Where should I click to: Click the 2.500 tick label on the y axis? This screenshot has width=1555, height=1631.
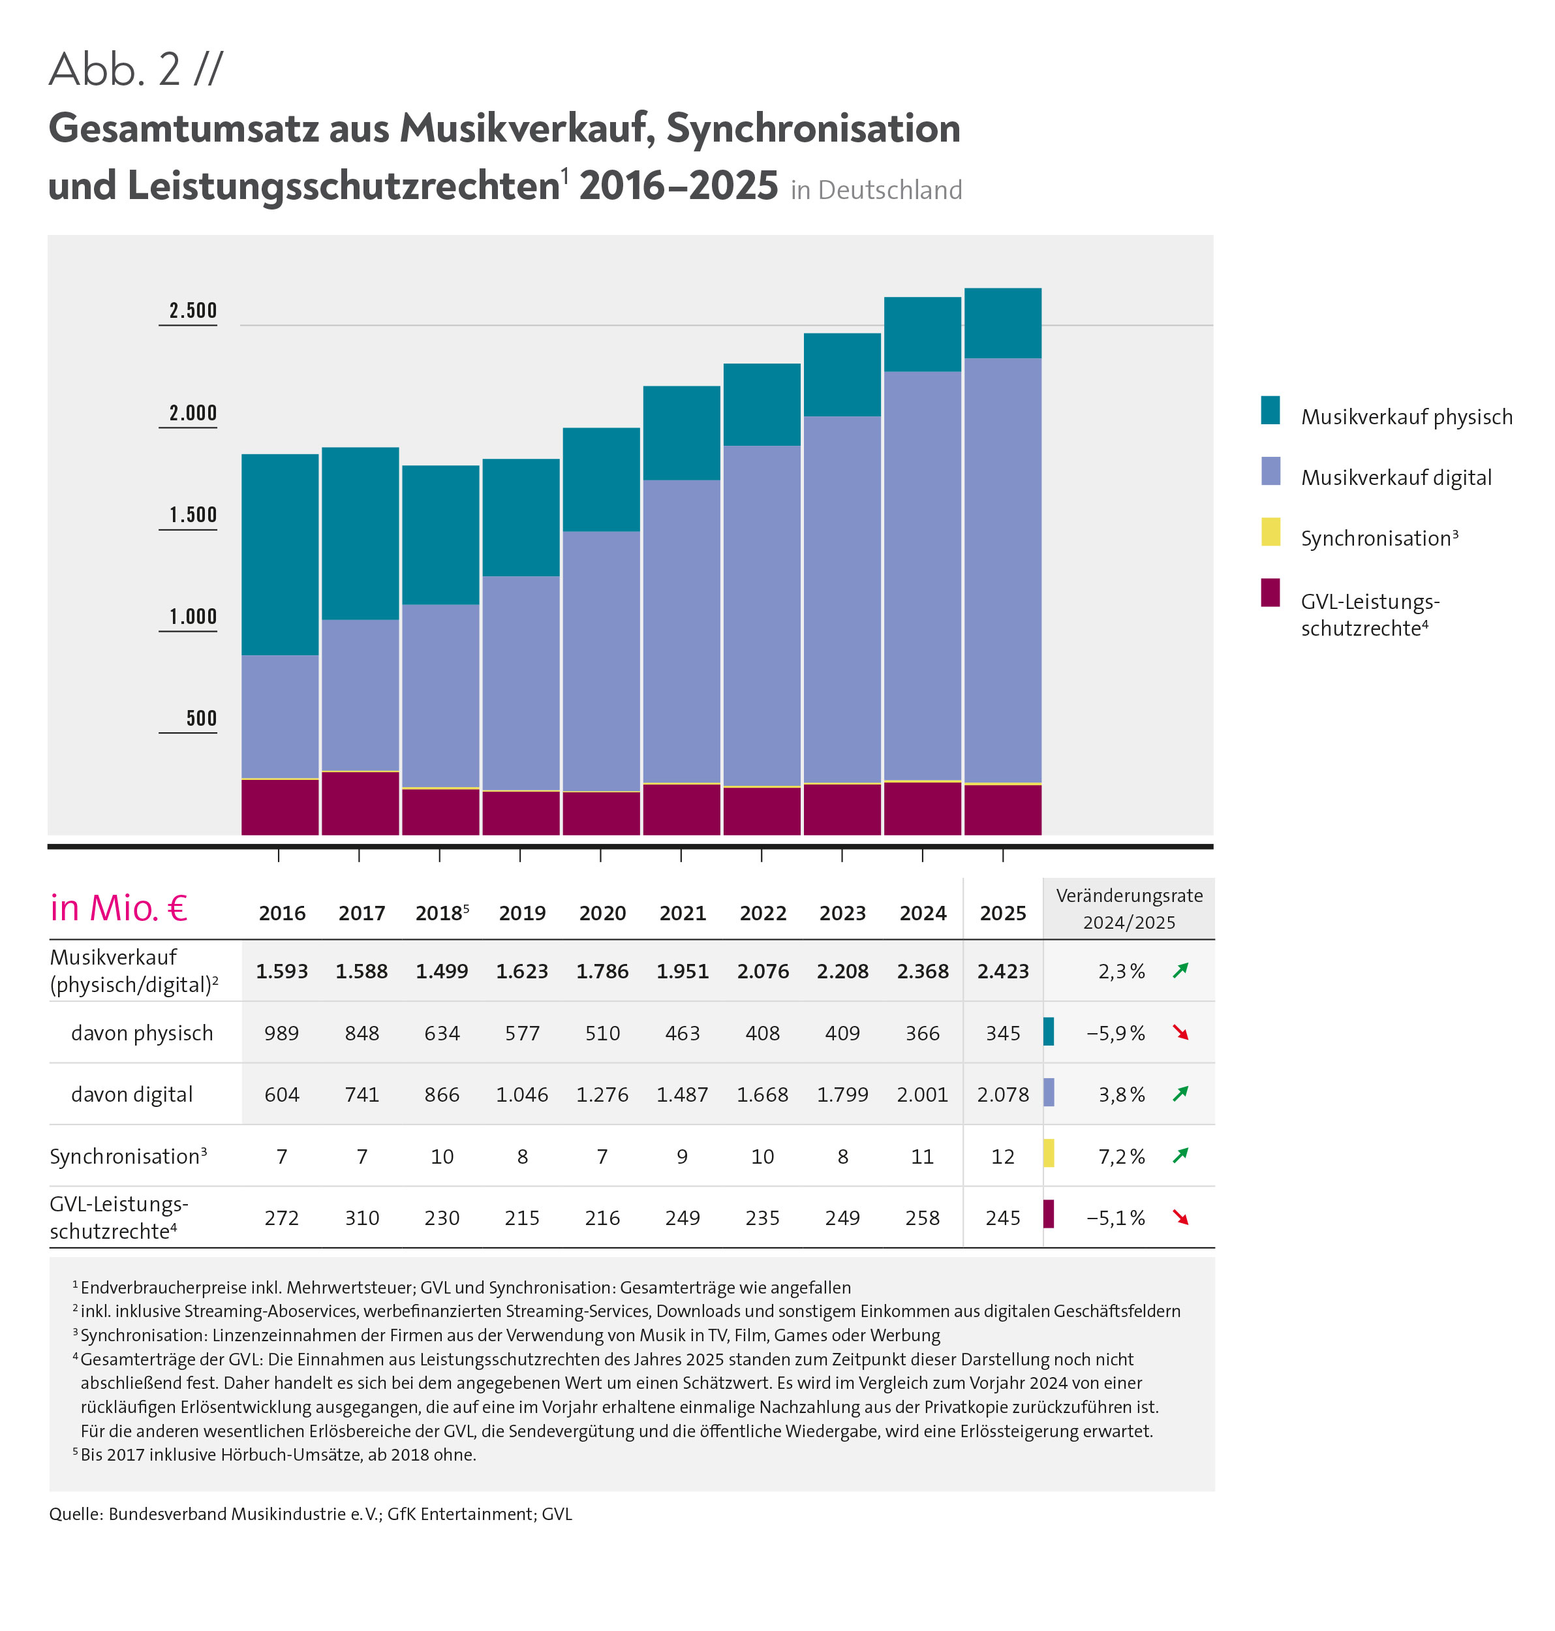pyautogui.click(x=192, y=311)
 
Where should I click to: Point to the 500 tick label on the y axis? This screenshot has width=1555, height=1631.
pyautogui.click(x=200, y=718)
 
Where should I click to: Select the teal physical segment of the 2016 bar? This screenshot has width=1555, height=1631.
pyautogui.click(x=280, y=554)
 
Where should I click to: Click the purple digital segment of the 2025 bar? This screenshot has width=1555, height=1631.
pyautogui.click(x=1002, y=570)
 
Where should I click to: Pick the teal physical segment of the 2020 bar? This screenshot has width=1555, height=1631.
pyautogui.click(x=601, y=479)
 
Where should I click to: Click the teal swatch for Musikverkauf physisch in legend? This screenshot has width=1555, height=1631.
pyautogui.click(x=1270, y=411)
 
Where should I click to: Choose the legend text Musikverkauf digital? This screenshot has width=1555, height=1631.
pyautogui.click(x=1395, y=478)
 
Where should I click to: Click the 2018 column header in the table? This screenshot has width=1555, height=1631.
pyautogui.click(x=441, y=913)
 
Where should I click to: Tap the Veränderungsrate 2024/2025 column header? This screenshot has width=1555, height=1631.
pyautogui.click(x=1129, y=909)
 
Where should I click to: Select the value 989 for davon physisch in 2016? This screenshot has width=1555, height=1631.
pyautogui.click(x=281, y=1033)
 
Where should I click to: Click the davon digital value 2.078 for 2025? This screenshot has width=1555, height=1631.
pyautogui.click(x=1002, y=1095)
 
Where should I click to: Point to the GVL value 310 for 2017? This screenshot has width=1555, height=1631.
pyautogui.click(x=362, y=1218)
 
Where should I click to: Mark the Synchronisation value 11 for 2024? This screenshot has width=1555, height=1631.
pyautogui.click(x=922, y=1157)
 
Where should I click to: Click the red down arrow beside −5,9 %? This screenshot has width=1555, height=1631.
pyautogui.click(x=1180, y=1033)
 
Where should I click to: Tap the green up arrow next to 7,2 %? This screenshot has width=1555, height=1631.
pyautogui.click(x=1180, y=1155)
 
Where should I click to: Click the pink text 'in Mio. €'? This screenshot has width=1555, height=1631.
pyautogui.click(x=119, y=909)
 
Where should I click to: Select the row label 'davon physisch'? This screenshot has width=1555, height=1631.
pyautogui.click(x=142, y=1033)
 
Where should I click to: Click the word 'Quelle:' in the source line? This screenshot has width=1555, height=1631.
pyautogui.click(x=76, y=1514)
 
